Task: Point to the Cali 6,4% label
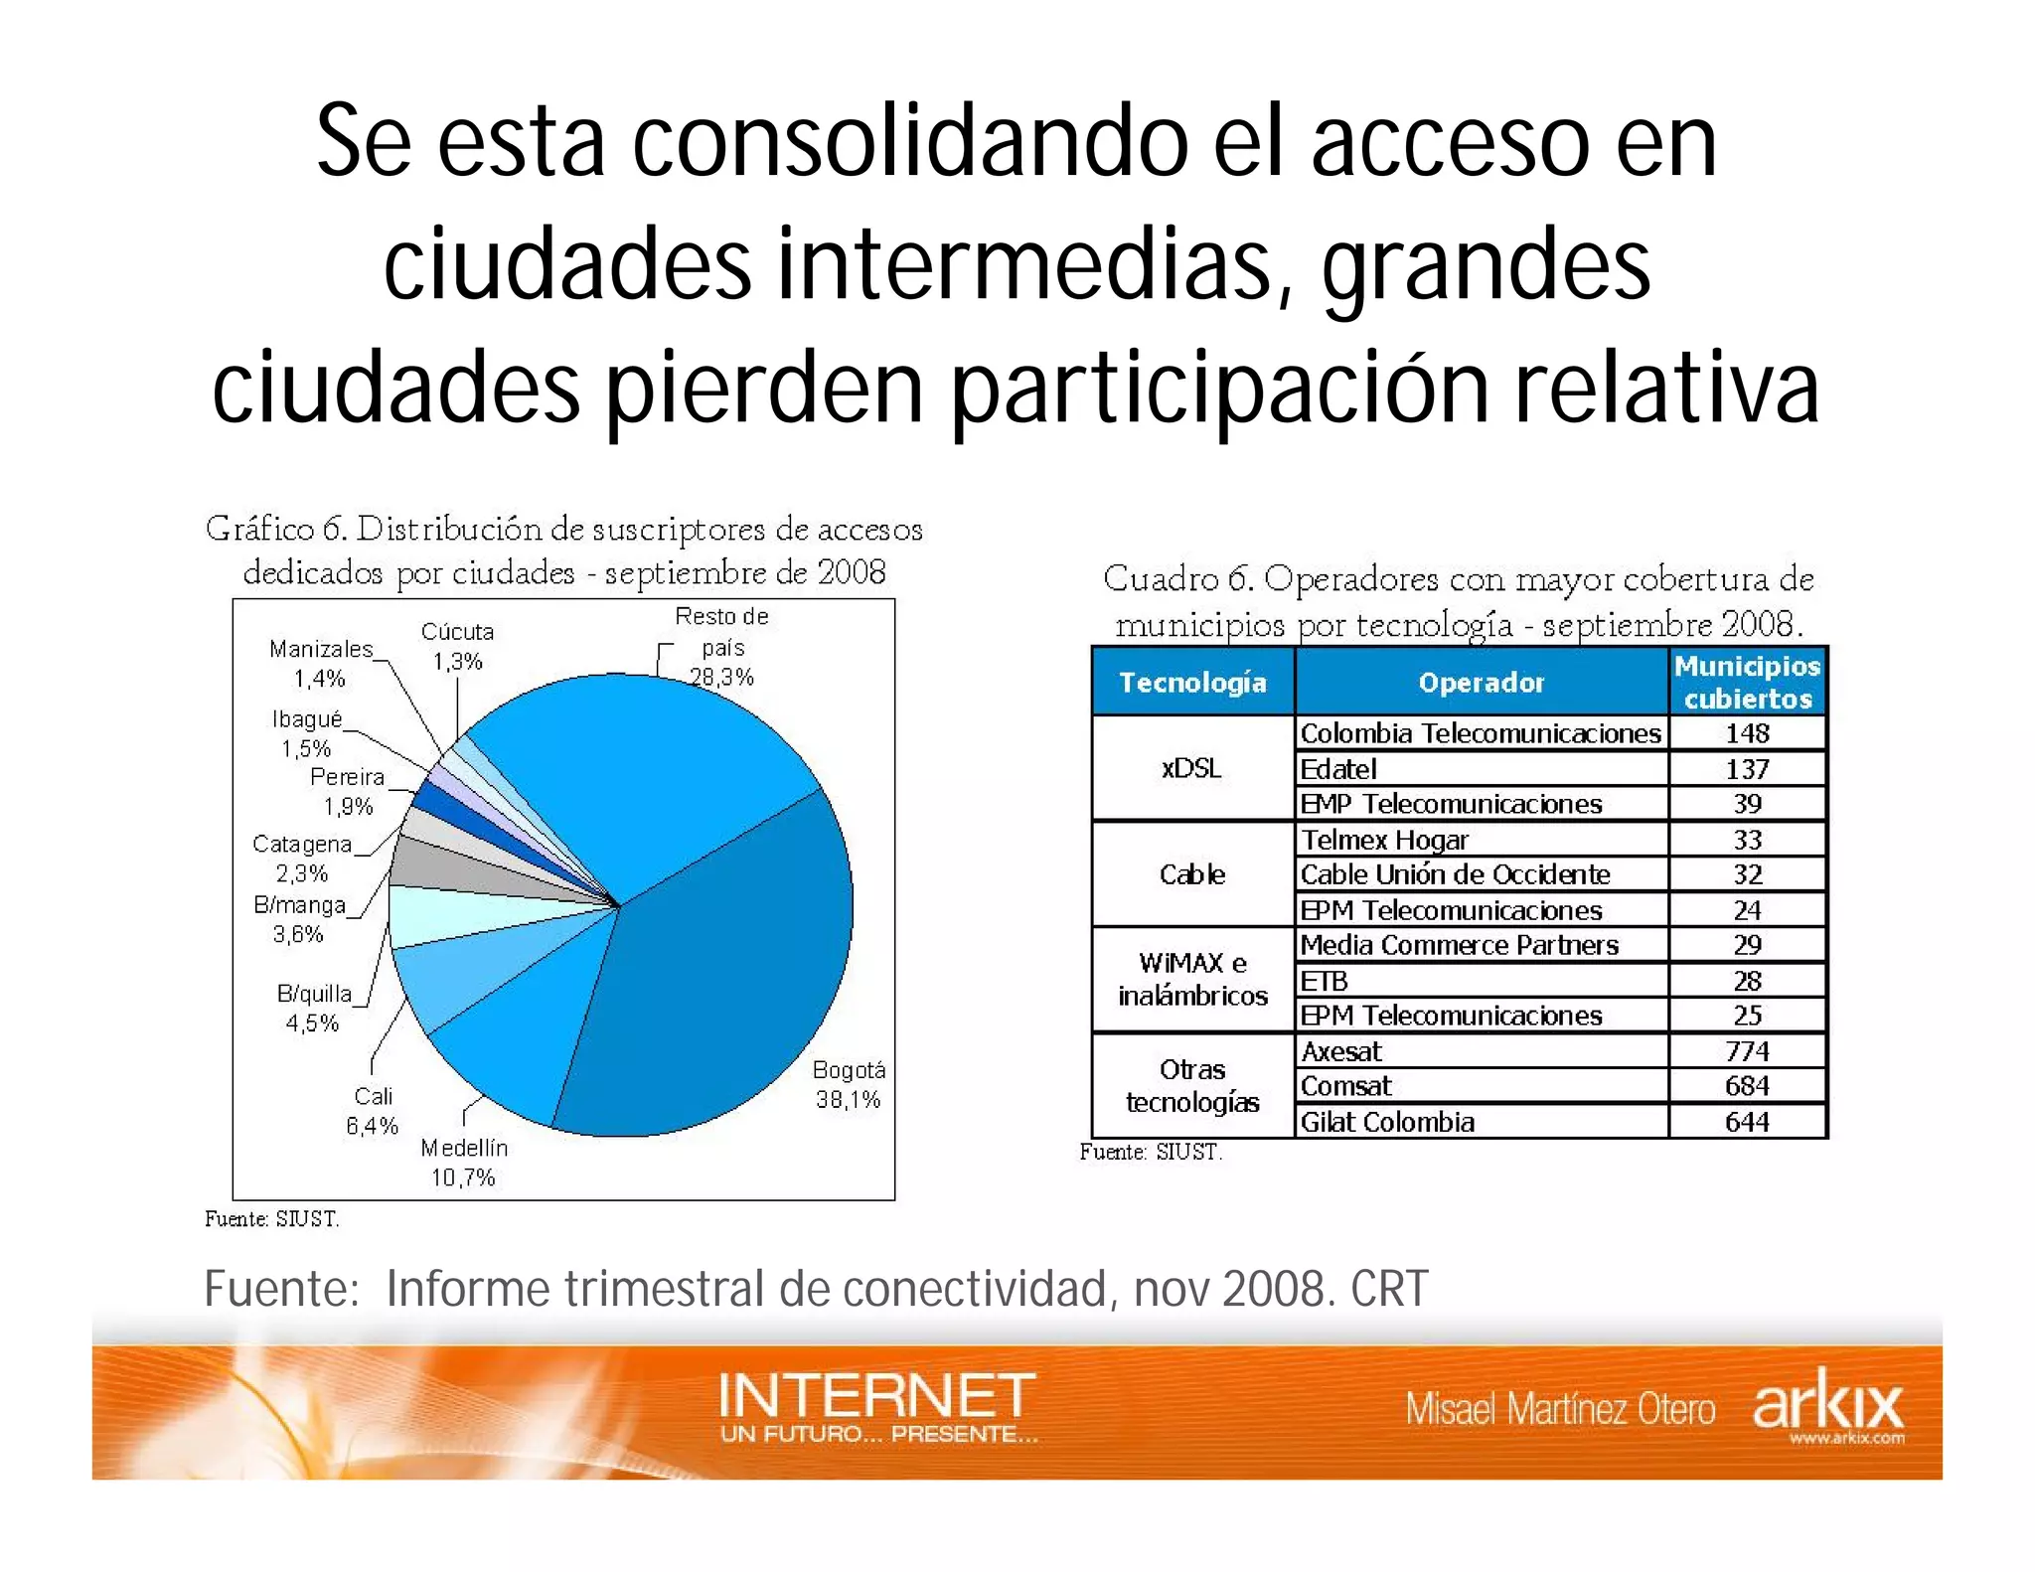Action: [x=373, y=1111]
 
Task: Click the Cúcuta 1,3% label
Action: [x=457, y=646]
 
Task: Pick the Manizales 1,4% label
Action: [x=320, y=664]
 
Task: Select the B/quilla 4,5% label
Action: [x=313, y=1008]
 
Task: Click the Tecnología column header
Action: [x=1192, y=682]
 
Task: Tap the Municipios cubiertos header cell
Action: [x=1747, y=682]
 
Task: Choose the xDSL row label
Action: [x=1191, y=768]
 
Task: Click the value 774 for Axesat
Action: [x=1747, y=1050]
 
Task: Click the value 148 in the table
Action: [x=1747, y=733]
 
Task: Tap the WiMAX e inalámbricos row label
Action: [x=1192, y=979]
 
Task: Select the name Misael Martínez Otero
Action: [x=1560, y=1409]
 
